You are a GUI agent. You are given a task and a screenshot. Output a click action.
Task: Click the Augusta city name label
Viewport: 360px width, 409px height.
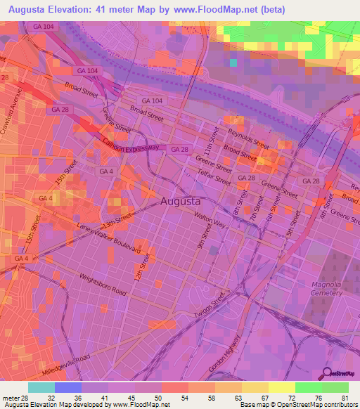pyautogui.click(x=186, y=201)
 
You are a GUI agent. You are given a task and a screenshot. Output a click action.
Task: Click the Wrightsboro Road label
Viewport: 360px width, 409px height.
pyautogui.click(x=103, y=284)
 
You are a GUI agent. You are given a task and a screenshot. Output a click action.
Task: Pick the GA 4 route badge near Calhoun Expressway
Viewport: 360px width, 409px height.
pyautogui.click(x=106, y=171)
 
